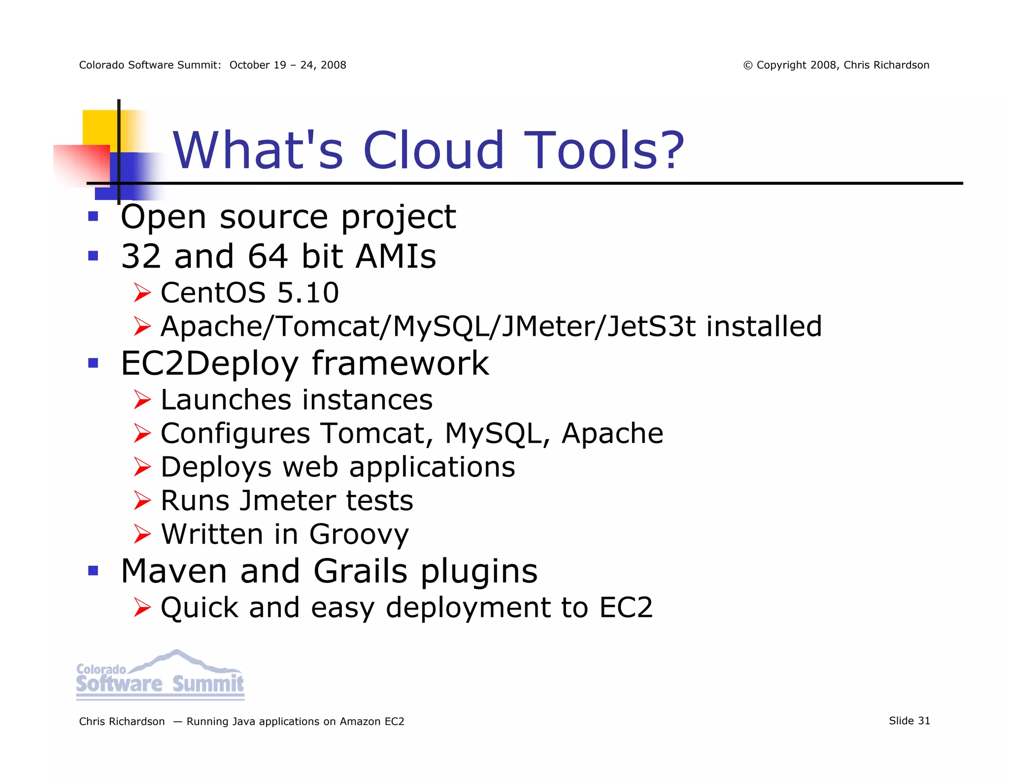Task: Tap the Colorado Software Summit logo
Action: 160,676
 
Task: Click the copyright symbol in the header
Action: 748,65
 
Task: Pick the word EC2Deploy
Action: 209,363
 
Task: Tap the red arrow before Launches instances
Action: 142,399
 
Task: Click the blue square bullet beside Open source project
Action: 93,217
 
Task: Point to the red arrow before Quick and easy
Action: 142,608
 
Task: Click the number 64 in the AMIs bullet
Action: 268,256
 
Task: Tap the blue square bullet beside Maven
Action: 93,571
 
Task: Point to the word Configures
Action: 235,433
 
